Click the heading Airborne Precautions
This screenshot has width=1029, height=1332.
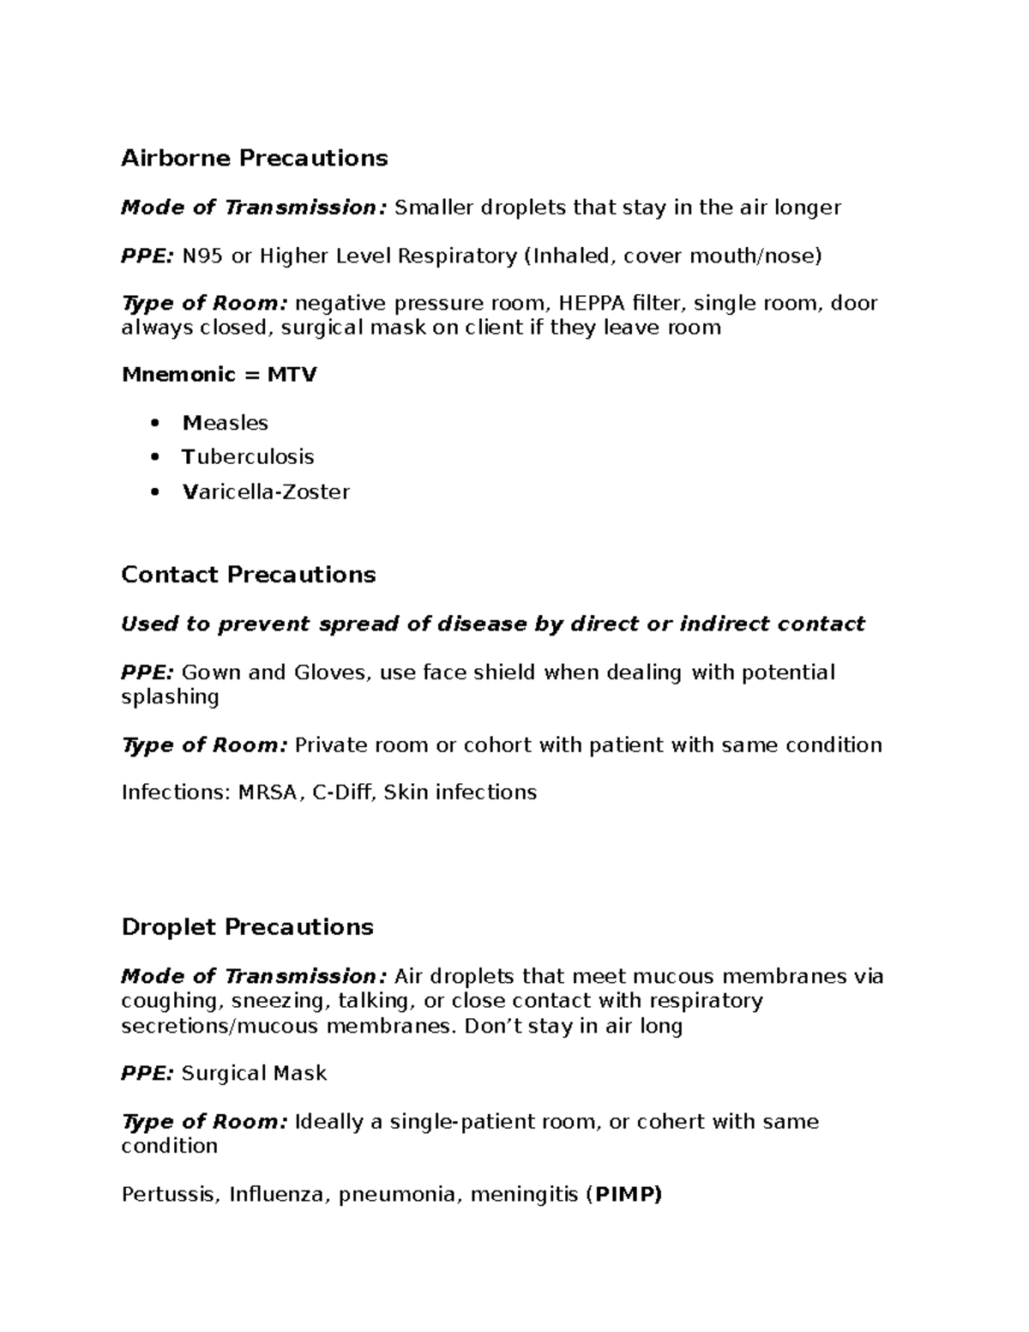pyautogui.click(x=254, y=159)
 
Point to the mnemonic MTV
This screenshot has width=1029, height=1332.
pyautogui.click(x=292, y=375)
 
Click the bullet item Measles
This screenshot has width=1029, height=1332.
pyautogui.click(x=226, y=423)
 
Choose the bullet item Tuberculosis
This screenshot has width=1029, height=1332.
pyautogui.click(x=248, y=457)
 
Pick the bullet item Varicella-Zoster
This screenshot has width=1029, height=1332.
pyautogui.click(x=266, y=492)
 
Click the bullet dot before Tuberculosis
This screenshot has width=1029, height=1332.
pyautogui.click(x=154, y=458)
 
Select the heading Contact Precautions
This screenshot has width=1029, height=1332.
pyautogui.click(x=249, y=575)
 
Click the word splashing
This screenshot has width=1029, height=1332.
pyautogui.click(x=170, y=697)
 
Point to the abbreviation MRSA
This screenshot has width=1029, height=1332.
pyautogui.click(x=270, y=793)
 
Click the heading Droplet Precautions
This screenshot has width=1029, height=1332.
pyautogui.click(x=247, y=927)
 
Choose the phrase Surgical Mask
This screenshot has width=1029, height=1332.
pyautogui.click(x=255, y=1074)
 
